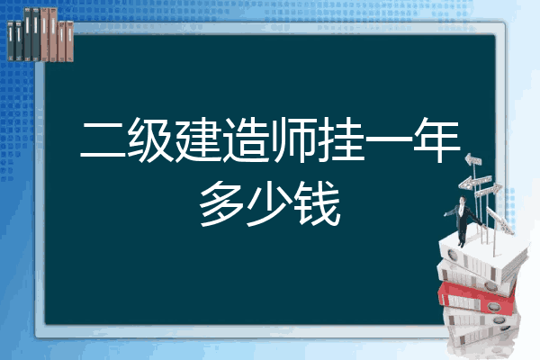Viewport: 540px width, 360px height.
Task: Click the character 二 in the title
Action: pos(103,139)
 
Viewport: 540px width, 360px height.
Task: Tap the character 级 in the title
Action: pos(150,139)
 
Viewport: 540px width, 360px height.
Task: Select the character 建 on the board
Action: pos(198,139)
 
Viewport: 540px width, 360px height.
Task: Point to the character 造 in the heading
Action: pos(246,139)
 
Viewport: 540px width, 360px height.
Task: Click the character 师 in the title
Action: pos(293,139)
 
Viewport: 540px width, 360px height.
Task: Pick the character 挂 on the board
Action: pos(341,139)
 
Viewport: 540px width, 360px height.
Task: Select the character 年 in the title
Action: pos(436,139)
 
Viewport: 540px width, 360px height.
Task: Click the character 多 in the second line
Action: pos(222,204)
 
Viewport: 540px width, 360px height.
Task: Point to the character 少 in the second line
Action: pos(269,204)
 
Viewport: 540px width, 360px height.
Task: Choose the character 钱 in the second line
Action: pos(318,204)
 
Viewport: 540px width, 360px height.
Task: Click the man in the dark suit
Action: pos(463,220)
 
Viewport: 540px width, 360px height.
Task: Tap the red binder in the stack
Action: pos(476,297)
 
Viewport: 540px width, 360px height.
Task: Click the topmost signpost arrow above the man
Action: pos(473,159)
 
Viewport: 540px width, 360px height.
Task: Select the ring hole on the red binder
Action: pos(492,306)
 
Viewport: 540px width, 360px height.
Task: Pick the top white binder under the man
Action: pos(482,256)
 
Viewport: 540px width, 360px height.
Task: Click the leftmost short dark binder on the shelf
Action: pos(11,41)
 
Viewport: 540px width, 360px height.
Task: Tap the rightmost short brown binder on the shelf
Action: pos(70,41)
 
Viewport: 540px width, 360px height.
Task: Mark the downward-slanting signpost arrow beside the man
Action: pos(499,220)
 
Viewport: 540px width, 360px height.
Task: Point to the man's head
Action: pos(463,201)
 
